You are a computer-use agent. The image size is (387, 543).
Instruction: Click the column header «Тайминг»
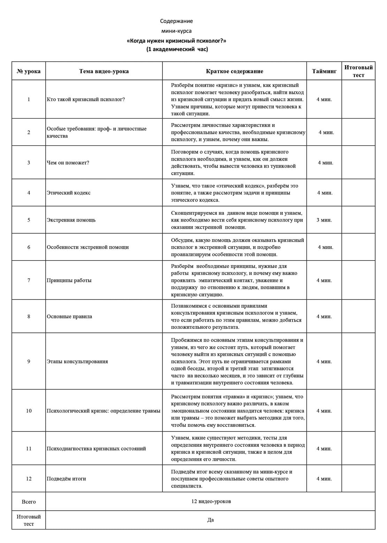(324, 71)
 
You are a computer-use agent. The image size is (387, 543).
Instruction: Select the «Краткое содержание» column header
(234, 71)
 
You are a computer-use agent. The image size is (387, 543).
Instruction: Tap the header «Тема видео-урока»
(104, 71)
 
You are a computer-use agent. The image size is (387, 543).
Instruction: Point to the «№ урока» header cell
(29, 71)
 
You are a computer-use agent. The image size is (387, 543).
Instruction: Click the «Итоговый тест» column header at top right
(358, 71)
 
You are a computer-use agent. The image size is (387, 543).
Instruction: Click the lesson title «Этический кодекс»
(69, 193)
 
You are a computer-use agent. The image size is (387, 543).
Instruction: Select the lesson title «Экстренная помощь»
(71, 220)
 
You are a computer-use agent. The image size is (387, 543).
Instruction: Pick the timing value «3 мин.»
(324, 220)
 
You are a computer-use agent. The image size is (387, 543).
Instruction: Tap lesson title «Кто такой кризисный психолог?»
(86, 99)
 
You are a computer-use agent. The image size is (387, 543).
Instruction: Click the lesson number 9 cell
(29, 361)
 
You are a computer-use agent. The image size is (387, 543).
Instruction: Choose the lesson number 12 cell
(29, 478)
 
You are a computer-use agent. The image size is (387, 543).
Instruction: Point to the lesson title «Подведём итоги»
(66, 478)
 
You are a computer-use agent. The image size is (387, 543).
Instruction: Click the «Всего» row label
(29, 501)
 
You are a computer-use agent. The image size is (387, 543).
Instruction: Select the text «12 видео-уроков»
(211, 501)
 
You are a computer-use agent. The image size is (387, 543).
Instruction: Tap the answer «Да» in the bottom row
(211, 520)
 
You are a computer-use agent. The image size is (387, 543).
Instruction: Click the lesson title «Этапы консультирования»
(77, 361)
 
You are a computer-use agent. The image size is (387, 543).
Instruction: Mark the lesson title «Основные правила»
(69, 316)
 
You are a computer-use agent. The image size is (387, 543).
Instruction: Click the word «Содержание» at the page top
(176, 21)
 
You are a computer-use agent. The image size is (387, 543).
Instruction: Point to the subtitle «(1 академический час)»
(177, 49)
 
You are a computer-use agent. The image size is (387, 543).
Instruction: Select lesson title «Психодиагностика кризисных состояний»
(96, 448)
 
